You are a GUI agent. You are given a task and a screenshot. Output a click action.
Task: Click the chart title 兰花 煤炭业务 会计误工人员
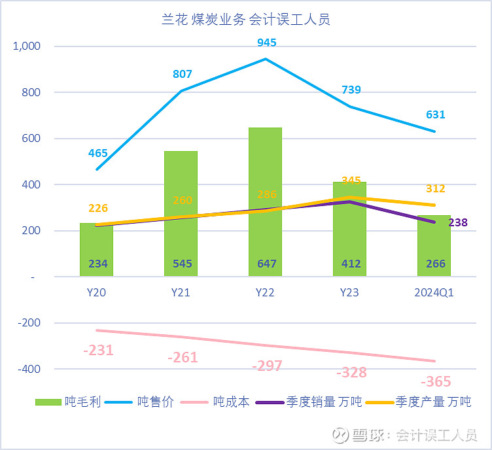pos(246,20)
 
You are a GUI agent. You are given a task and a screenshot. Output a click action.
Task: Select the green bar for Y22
pos(265,196)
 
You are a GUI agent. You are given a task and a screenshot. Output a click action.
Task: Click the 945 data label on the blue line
pos(266,43)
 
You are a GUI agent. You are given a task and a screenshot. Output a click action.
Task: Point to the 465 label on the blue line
pos(98,153)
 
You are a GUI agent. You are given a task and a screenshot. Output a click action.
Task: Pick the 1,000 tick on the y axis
pos(26,46)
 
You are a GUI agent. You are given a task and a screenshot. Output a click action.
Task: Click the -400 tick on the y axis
pos(28,369)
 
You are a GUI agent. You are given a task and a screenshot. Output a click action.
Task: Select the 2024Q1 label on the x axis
pos(434,293)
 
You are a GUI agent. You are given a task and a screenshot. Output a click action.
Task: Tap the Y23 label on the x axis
pos(349,293)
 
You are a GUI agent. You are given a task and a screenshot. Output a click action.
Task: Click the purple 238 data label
pos(458,223)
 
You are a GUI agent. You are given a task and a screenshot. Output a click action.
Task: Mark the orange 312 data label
pos(435,188)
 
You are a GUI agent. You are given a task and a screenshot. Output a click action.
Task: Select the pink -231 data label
pos(98,351)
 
